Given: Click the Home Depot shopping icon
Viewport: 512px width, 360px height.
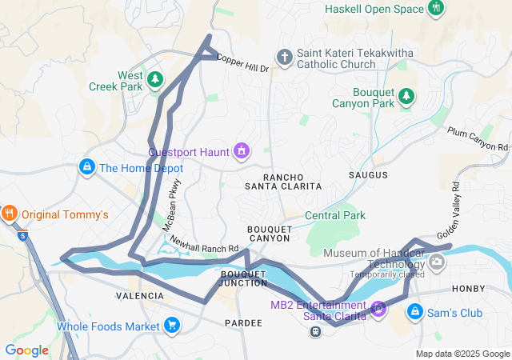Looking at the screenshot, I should click(86, 167).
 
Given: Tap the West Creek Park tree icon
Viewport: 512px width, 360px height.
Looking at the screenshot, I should click(155, 80).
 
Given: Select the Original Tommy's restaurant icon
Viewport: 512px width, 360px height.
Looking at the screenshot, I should click(10, 214).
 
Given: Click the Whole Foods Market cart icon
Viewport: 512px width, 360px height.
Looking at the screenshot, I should click(171, 326).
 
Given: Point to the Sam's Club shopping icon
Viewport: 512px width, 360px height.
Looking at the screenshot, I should click(415, 312).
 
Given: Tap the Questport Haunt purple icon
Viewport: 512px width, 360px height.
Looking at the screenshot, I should click(240, 150).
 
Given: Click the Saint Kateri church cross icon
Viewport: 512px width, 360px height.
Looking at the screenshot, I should click(284, 57).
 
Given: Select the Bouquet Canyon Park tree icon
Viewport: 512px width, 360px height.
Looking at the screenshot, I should click(406, 96).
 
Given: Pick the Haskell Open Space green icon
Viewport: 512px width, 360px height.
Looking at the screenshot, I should click(436, 9).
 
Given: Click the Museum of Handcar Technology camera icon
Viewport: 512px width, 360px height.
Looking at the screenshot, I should click(437, 261).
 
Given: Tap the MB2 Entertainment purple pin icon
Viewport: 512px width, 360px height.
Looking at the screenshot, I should click(378, 307).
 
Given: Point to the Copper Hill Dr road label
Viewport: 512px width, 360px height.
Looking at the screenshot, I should click(242, 64).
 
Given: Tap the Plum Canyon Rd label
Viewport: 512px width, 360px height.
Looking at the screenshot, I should click(478, 139).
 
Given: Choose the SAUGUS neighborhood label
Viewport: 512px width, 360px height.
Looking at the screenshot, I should click(368, 174).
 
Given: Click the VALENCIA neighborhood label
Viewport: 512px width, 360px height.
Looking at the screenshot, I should click(140, 295).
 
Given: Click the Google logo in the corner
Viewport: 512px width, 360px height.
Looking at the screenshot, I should click(26, 350).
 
